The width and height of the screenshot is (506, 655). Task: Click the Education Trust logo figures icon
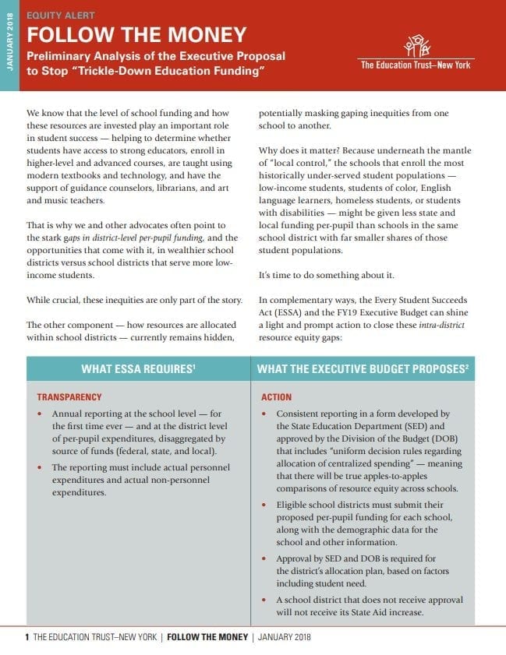[416, 45]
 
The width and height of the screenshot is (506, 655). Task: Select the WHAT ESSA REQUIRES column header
[138, 368]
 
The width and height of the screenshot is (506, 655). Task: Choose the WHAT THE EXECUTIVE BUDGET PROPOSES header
[363, 368]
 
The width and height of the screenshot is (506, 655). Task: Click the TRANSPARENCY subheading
[69, 396]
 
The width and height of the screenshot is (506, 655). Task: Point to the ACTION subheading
[276, 396]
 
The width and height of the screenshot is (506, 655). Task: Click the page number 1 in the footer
[27, 637]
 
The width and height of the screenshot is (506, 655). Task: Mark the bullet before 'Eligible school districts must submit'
[264, 506]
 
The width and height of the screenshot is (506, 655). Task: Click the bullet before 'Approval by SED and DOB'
[264, 559]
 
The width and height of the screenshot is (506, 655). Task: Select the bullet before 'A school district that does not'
[264, 600]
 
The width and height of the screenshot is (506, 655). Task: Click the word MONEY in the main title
[202, 35]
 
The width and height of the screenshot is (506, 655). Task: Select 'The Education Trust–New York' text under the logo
[416, 65]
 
